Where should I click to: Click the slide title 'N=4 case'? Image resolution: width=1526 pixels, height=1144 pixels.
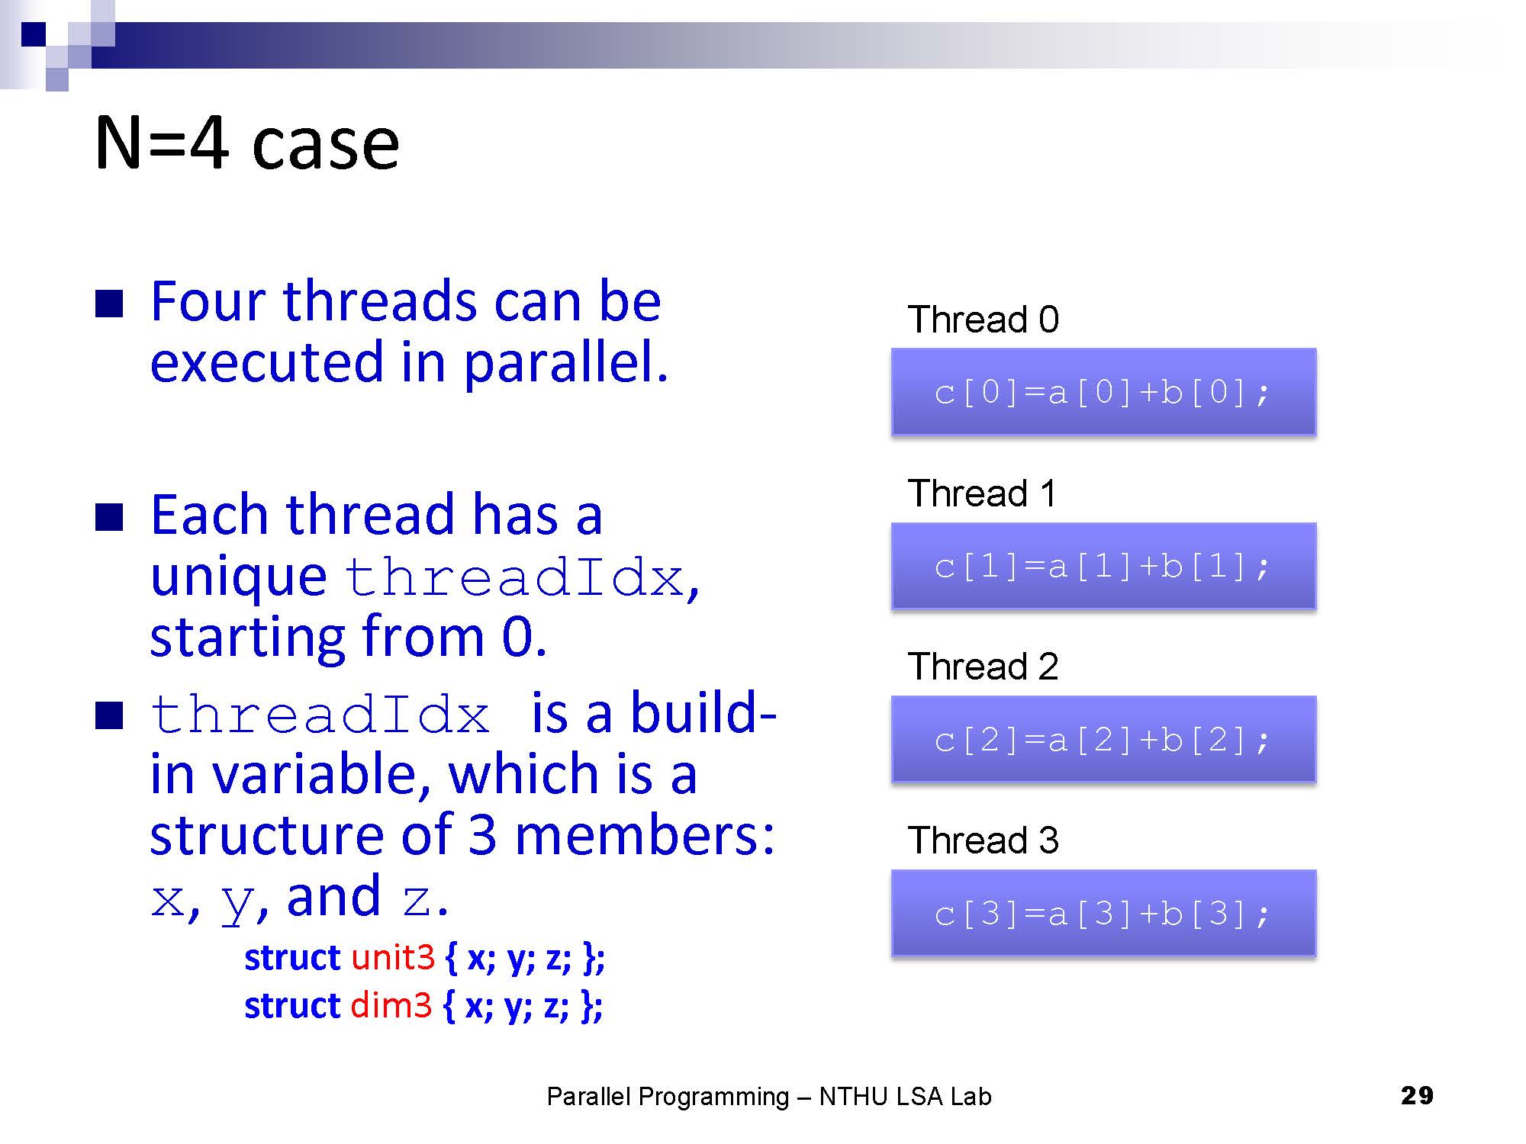pos(246,143)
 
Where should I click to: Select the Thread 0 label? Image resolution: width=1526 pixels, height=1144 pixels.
pos(983,319)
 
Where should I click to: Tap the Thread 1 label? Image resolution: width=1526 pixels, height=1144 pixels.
pos(982,493)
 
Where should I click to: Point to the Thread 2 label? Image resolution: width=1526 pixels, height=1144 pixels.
pos(983,666)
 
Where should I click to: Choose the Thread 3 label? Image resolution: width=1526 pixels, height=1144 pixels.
pos(983,840)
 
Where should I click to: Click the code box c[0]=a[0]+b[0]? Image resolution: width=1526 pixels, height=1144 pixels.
pos(1103,392)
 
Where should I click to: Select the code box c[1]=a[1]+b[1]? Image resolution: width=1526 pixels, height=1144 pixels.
pos(1103,566)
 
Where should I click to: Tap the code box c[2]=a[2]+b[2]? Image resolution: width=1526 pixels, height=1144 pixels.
pos(1103,739)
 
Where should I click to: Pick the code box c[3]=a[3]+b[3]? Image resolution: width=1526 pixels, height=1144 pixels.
pos(1103,913)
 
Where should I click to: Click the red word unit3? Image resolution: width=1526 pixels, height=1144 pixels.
pos(393,957)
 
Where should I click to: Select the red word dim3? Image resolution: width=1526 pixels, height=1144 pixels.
pos(391,1005)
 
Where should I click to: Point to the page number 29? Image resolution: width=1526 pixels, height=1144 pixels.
pos(1417,1096)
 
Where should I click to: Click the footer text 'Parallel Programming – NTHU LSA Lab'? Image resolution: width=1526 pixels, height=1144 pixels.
pos(769,1097)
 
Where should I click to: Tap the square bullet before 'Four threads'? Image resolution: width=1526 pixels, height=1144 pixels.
pos(109,304)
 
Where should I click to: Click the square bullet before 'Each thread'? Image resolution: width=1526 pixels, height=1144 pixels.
pos(109,517)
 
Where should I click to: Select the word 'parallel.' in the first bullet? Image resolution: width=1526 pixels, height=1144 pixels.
pos(565,364)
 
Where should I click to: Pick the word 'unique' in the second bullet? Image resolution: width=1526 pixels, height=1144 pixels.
pos(238,577)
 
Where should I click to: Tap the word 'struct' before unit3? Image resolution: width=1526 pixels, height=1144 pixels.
pos(292,958)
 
